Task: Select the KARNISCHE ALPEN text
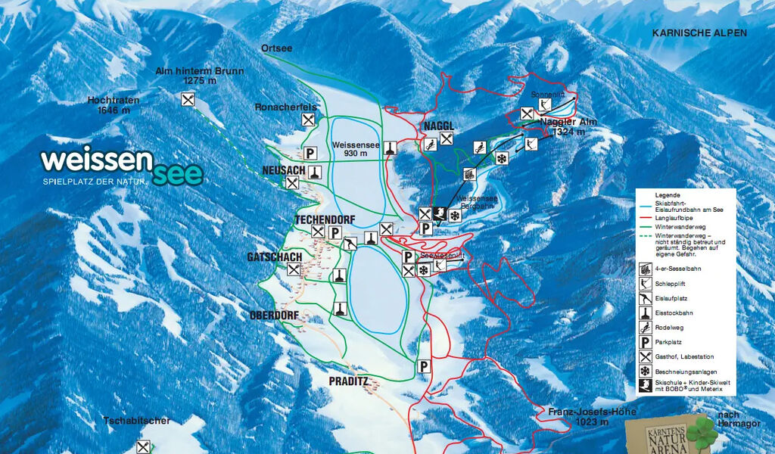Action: [x=699, y=33]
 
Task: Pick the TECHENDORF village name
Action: [x=324, y=219]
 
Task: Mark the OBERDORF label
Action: [x=274, y=315]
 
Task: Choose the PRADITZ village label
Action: [x=348, y=381]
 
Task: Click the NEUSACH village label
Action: [x=283, y=170]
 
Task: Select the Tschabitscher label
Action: [x=137, y=420]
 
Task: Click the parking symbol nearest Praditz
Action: [x=424, y=366]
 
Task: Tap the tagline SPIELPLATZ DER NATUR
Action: [x=95, y=182]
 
